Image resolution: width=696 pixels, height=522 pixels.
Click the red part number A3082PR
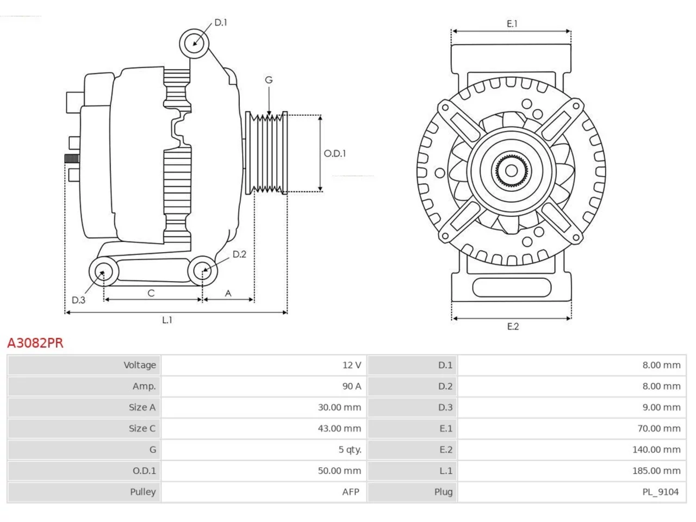35,343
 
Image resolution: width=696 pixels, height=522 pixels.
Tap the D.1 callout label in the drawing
221,22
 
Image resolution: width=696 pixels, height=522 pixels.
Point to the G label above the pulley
269,80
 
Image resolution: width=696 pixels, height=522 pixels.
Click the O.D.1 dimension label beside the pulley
334,153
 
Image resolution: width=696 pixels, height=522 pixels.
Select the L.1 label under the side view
167,320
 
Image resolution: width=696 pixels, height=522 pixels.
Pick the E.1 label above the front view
512,24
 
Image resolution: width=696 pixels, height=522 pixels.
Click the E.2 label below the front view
513,326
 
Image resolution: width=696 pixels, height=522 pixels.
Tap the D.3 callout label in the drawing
78,300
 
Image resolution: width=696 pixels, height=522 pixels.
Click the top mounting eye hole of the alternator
194,43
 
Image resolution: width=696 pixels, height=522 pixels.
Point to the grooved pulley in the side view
266,153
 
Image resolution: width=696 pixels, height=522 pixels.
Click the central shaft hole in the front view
511,171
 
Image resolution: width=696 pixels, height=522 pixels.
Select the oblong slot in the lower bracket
512,288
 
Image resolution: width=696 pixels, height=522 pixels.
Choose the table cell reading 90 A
352,387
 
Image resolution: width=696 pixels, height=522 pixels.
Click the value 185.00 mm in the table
656,471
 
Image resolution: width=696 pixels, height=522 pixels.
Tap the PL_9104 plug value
661,492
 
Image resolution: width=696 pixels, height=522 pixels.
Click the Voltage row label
140,365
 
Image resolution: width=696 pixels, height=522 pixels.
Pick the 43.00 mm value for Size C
340,428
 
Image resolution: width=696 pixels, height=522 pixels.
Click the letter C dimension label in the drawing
151,293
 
